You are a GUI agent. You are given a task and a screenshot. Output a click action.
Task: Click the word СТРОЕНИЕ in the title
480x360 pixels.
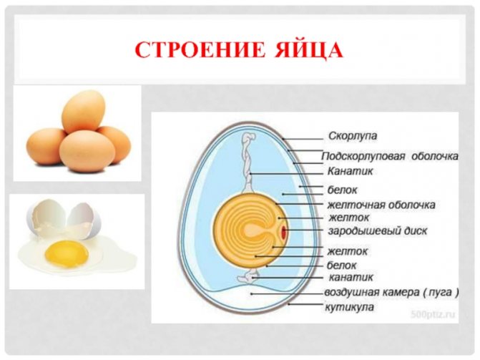point(200,49)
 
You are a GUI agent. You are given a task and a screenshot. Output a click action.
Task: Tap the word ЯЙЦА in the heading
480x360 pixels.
point(308,51)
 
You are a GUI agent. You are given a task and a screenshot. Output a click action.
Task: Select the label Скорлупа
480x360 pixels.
point(353,136)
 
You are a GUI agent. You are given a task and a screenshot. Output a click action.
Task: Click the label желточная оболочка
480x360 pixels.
point(381,205)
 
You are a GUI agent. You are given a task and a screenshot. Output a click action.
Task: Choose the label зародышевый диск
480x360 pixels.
point(378,230)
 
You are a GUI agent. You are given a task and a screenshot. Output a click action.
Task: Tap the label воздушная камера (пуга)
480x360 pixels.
point(391,292)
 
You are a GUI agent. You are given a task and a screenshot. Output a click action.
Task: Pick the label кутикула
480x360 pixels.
point(349,307)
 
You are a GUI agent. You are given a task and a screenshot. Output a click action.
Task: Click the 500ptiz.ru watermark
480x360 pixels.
point(433,314)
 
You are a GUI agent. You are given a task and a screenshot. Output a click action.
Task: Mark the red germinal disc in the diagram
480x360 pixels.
point(284,232)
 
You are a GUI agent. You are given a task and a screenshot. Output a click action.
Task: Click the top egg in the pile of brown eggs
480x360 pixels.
point(83,112)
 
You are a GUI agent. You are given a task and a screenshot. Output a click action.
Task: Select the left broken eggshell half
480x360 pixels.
point(46,218)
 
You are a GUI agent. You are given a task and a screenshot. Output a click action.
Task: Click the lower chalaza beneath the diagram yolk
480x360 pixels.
point(248,276)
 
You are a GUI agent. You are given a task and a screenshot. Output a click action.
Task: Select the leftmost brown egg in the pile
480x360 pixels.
point(46,147)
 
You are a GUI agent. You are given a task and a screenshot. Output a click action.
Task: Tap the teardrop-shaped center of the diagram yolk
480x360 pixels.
point(252,230)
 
